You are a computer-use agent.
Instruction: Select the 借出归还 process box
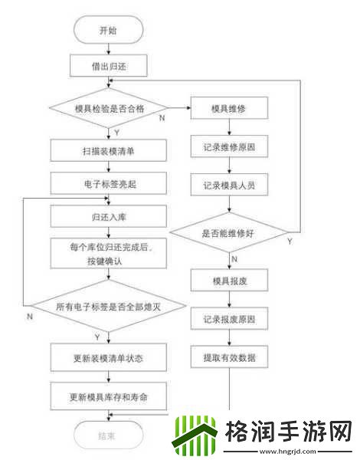click(108, 67)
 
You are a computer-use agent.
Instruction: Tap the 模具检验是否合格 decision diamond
click(108, 109)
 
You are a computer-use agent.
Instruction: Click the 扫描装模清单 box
click(108, 149)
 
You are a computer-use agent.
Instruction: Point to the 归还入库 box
click(108, 218)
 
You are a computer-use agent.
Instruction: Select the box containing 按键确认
click(108, 254)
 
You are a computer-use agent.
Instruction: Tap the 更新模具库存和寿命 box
click(108, 396)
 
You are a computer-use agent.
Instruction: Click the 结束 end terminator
click(108, 436)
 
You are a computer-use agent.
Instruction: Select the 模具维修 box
click(229, 109)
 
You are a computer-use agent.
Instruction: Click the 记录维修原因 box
click(229, 146)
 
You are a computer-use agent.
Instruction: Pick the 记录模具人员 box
click(229, 184)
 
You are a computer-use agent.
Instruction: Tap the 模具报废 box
click(229, 281)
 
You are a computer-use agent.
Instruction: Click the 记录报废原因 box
click(229, 319)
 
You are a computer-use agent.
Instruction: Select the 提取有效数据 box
click(229, 356)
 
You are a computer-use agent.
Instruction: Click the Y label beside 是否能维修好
click(290, 242)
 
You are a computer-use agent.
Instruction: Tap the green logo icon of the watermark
click(192, 436)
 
